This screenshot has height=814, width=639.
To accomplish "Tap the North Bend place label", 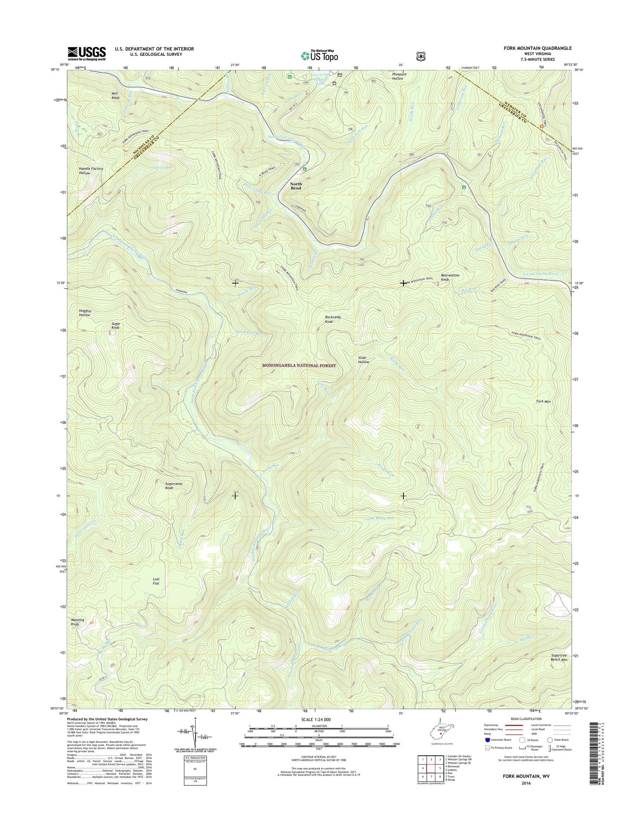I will click(x=296, y=186).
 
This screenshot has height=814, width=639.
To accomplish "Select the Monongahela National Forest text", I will click(x=299, y=365).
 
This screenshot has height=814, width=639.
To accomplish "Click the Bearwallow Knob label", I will click(x=450, y=278).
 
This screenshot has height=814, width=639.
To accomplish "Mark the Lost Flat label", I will click(x=156, y=581).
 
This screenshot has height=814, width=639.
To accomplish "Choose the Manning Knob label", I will click(x=78, y=622).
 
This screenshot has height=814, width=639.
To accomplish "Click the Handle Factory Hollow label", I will click(x=91, y=171).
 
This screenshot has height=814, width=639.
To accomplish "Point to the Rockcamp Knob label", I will click(x=333, y=319).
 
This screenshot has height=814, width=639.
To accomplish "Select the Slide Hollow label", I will click(x=363, y=360).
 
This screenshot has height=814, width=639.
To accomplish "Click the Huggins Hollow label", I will click(x=84, y=313).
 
